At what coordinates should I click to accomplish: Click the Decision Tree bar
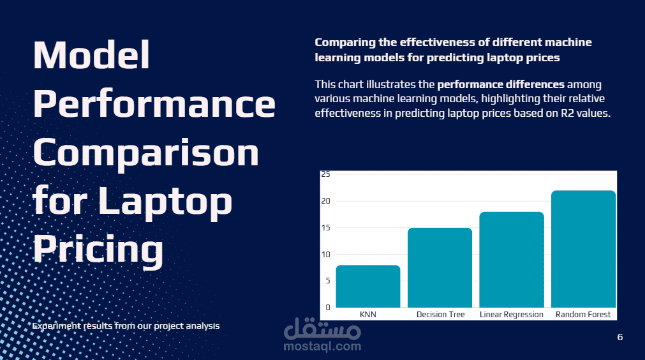point(440,267)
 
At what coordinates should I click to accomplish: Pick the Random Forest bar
point(583,249)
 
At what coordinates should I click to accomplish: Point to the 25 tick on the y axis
point(325,174)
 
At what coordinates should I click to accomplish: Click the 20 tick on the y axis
point(325,201)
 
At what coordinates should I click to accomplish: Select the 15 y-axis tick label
point(325,228)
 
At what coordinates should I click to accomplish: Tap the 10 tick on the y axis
point(325,255)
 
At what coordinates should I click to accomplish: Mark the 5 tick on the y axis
point(327,281)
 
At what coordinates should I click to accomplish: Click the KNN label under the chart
point(368,315)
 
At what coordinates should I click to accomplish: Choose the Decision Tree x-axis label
point(440,315)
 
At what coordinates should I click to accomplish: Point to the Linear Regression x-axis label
point(512,315)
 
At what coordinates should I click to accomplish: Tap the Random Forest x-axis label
point(583,315)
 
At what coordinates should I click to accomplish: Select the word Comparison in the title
point(146,153)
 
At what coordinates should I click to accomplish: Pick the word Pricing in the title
point(98,249)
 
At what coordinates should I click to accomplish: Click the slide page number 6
point(620,337)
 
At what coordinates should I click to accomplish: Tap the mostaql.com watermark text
point(322,347)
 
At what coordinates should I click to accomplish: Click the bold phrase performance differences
point(501,84)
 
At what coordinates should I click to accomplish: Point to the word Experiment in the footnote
point(56,326)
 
